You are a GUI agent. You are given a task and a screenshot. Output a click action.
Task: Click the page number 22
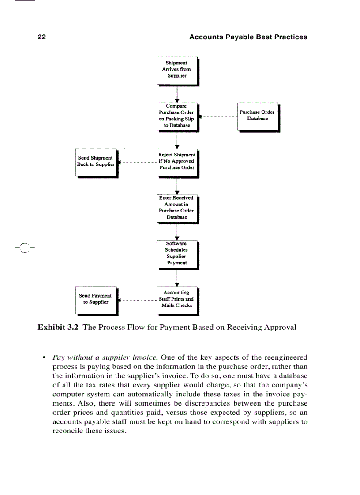41,37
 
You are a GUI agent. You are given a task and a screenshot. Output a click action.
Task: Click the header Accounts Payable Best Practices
248,37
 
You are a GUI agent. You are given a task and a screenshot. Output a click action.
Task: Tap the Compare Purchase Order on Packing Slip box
177,116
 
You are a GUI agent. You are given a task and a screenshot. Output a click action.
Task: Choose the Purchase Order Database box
258,116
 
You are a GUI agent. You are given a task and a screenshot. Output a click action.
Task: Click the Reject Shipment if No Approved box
177,162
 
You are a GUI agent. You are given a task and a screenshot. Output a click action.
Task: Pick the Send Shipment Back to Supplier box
96,162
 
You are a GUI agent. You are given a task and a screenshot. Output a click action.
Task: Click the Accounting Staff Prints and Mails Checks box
177,299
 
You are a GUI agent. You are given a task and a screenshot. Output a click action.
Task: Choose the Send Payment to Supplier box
96,299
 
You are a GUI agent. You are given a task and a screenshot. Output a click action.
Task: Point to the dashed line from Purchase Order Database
218,117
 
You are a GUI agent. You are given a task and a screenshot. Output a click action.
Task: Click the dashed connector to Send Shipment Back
138,163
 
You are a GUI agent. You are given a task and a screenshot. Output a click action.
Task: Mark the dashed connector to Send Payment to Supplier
138,300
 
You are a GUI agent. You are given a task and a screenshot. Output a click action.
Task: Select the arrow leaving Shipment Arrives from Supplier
177,93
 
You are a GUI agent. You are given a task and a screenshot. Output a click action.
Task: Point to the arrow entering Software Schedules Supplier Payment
177,231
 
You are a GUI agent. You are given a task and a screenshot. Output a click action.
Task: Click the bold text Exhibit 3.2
58,327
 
